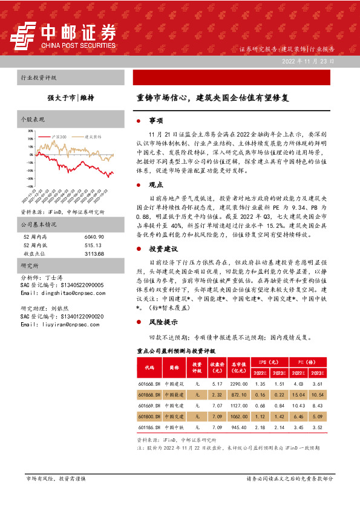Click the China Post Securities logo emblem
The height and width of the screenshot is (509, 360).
(x=25, y=34)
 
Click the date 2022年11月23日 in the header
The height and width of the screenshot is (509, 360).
(x=308, y=62)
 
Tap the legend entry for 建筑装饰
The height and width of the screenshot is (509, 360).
(x=91, y=137)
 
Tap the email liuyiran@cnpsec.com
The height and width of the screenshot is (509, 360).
(x=59, y=324)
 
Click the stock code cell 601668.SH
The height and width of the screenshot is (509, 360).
(x=149, y=383)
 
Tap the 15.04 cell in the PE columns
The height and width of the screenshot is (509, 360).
(x=298, y=394)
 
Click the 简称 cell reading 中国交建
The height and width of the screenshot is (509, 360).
(x=174, y=416)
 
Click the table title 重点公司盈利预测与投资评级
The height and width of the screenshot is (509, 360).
(x=175, y=350)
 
